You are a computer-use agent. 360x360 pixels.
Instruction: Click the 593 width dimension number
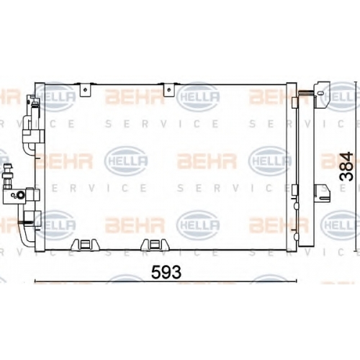166,272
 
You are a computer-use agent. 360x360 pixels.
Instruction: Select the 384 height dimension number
346,166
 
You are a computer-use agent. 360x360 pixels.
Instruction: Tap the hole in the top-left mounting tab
86,90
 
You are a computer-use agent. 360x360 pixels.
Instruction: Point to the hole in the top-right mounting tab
169,90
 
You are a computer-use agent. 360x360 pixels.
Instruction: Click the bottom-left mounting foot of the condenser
85,245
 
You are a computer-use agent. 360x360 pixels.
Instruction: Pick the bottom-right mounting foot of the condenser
155,245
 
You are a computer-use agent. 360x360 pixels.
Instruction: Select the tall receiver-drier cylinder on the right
306,170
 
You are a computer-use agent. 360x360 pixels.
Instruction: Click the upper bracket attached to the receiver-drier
322,94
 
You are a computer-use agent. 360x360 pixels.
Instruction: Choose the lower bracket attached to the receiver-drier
323,192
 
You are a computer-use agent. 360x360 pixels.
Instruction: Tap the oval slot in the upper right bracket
319,92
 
